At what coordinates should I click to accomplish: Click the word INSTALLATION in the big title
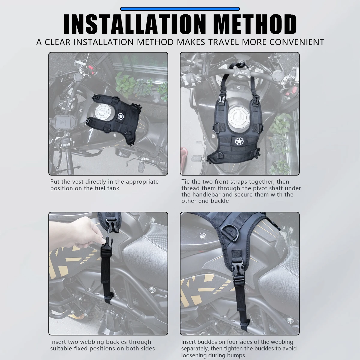click(x=134, y=25)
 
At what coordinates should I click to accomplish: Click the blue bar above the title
click(x=180, y=9)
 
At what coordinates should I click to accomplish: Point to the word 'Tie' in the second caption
click(x=185, y=181)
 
